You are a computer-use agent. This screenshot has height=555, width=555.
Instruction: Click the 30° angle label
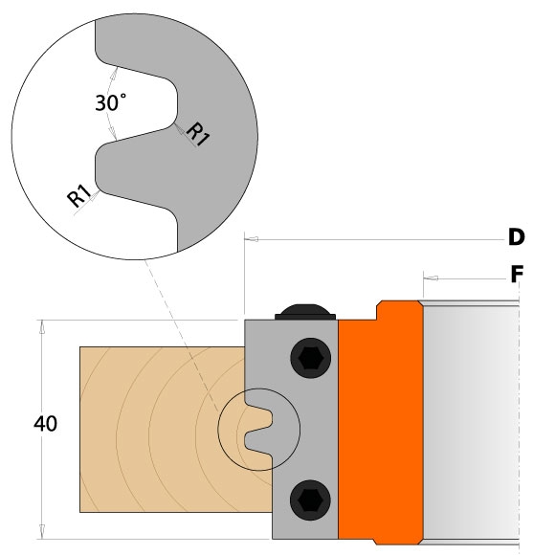click(110, 102)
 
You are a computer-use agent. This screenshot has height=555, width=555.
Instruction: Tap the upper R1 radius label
click(198, 134)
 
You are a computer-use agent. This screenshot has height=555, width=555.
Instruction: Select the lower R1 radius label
click(79, 196)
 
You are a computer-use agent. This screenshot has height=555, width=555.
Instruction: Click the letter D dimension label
click(517, 237)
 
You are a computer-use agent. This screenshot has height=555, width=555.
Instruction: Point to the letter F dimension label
click(517, 274)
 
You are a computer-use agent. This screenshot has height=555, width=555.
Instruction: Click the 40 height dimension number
click(45, 424)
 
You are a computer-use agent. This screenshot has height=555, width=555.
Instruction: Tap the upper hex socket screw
click(311, 358)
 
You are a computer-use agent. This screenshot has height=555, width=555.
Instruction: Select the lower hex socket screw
click(310, 500)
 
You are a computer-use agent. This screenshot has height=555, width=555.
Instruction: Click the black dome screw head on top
click(305, 312)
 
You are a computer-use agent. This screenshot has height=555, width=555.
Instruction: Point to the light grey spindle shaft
click(471, 423)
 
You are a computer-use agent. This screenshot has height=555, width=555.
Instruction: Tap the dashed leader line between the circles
click(181, 335)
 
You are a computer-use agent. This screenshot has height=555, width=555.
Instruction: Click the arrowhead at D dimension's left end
click(252, 239)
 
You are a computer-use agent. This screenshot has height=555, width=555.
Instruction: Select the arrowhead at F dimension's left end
click(431, 278)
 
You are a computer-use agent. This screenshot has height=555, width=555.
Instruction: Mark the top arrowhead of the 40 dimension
click(42, 326)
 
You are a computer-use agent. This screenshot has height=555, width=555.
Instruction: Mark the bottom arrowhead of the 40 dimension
click(42, 532)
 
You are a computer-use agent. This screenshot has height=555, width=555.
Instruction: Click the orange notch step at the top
click(379, 310)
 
